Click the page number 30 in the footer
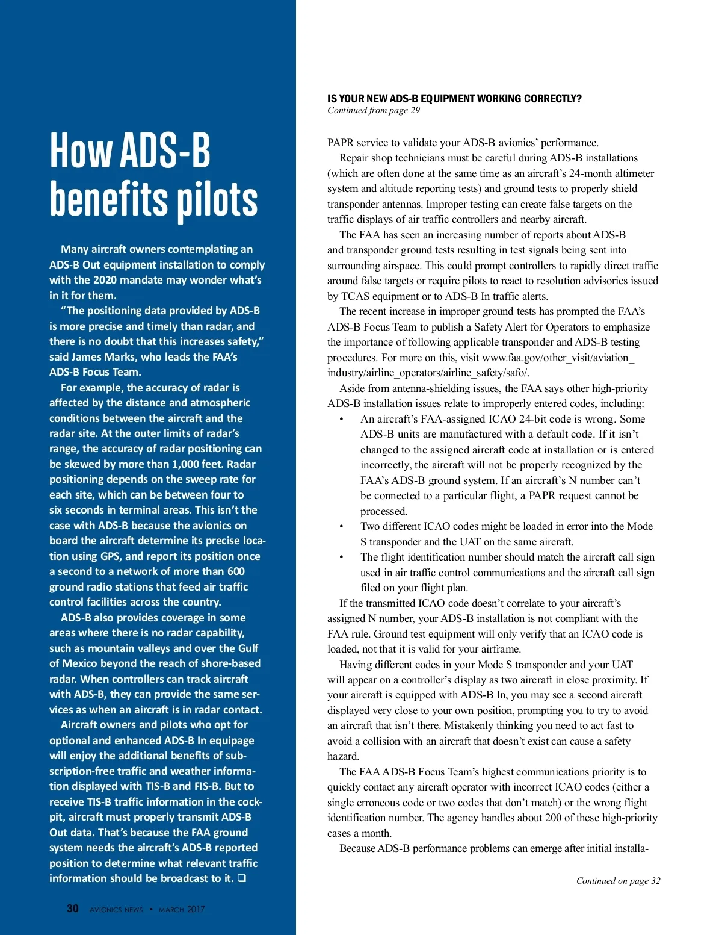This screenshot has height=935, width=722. (x=73, y=909)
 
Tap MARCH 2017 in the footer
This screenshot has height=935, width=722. (x=182, y=909)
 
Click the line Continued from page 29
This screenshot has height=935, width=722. (x=374, y=110)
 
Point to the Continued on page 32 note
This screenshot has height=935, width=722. (x=618, y=881)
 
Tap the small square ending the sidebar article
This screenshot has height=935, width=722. (x=242, y=878)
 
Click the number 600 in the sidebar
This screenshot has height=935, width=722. (x=236, y=571)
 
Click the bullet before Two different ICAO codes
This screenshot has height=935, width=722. (x=341, y=527)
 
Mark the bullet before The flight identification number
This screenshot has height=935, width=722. (x=341, y=558)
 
